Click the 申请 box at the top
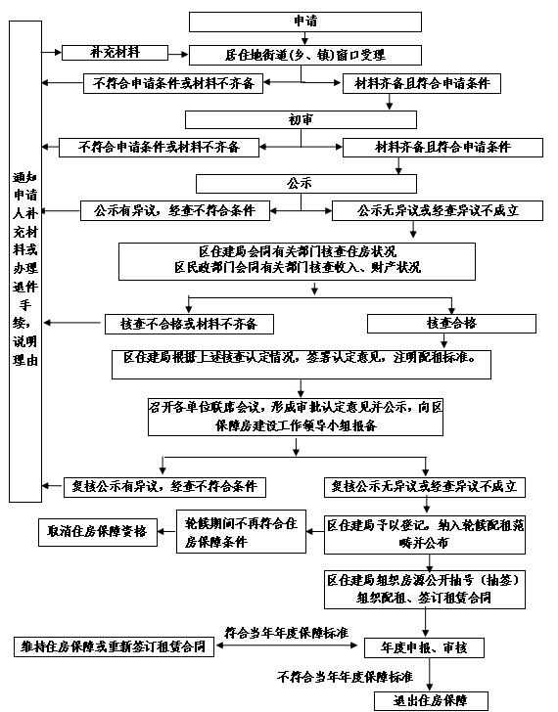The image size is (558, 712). pyautogui.click(x=304, y=22)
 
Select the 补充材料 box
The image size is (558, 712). pyautogui.click(x=115, y=53)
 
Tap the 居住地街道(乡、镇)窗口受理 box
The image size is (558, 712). pyautogui.click(x=304, y=56)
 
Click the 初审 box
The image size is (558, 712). pyautogui.click(x=301, y=120)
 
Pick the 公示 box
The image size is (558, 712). pyautogui.click(x=305, y=184)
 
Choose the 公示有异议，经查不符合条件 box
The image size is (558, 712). pyautogui.click(x=175, y=211)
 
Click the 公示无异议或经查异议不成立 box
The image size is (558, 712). pyautogui.click(x=438, y=211)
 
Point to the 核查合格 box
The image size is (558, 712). pyautogui.click(x=451, y=324)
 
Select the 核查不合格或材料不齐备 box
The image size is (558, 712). pyautogui.click(x=189, y=325)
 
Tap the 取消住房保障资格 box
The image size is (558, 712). pyautogui.click(x=98, y=532)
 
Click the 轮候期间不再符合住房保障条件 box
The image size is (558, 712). pyautogui.click(x=241, y=531)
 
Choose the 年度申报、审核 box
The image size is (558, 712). pyautogui.click(x=424, y=648)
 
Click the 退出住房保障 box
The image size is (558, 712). pyautogui.click(x=431, y=701)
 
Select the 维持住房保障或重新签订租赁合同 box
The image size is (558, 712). pyautogui.click(x=114, y=647)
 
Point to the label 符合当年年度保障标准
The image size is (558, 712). pyautogui.click(x=286, y=633)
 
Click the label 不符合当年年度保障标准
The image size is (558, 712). pyautogui.click(x=345, y=677)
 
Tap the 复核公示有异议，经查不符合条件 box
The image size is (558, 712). pyautogui.click(x=164, y=487)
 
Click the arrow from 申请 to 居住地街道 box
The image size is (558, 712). pyautogui.click(x=304, y=38)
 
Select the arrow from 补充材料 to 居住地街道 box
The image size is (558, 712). pyautogui.click(x=178, y=55)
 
